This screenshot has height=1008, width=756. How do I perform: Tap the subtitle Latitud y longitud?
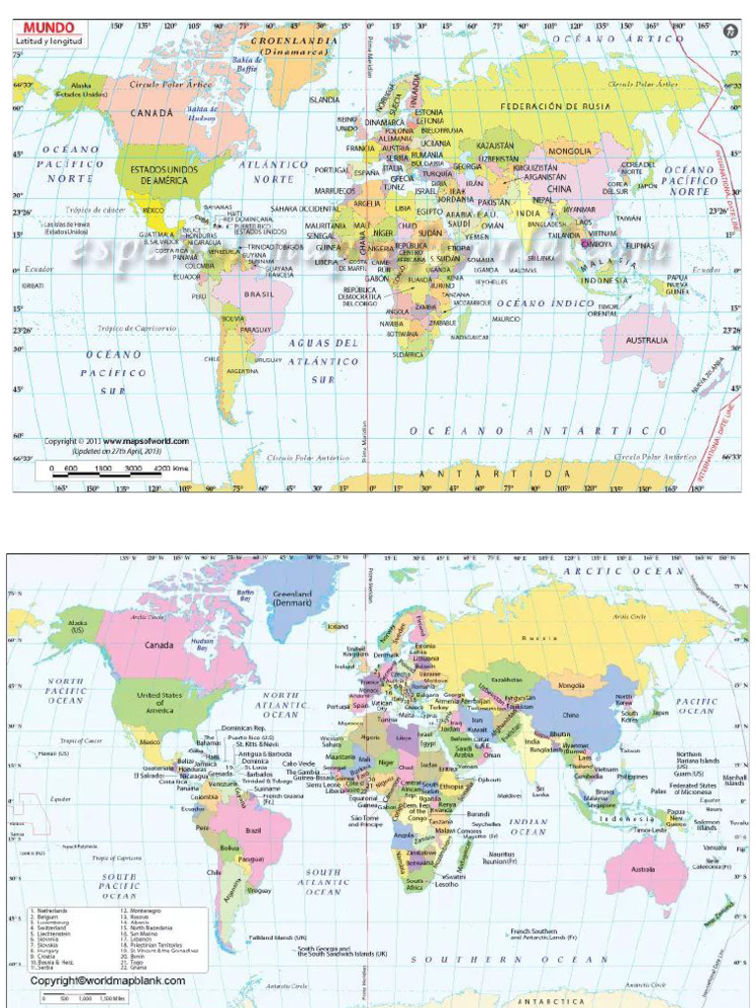49,42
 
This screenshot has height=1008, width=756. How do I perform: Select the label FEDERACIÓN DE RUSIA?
541,106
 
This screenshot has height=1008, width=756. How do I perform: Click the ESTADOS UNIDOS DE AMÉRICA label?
163,174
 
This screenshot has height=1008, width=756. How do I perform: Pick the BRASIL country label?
259,293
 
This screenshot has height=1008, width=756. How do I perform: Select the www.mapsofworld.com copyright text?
146,441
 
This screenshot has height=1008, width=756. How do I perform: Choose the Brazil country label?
253,830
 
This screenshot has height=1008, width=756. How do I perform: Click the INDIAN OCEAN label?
528,827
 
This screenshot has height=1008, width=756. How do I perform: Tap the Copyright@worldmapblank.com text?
107,980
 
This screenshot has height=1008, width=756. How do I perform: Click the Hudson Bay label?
202,643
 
